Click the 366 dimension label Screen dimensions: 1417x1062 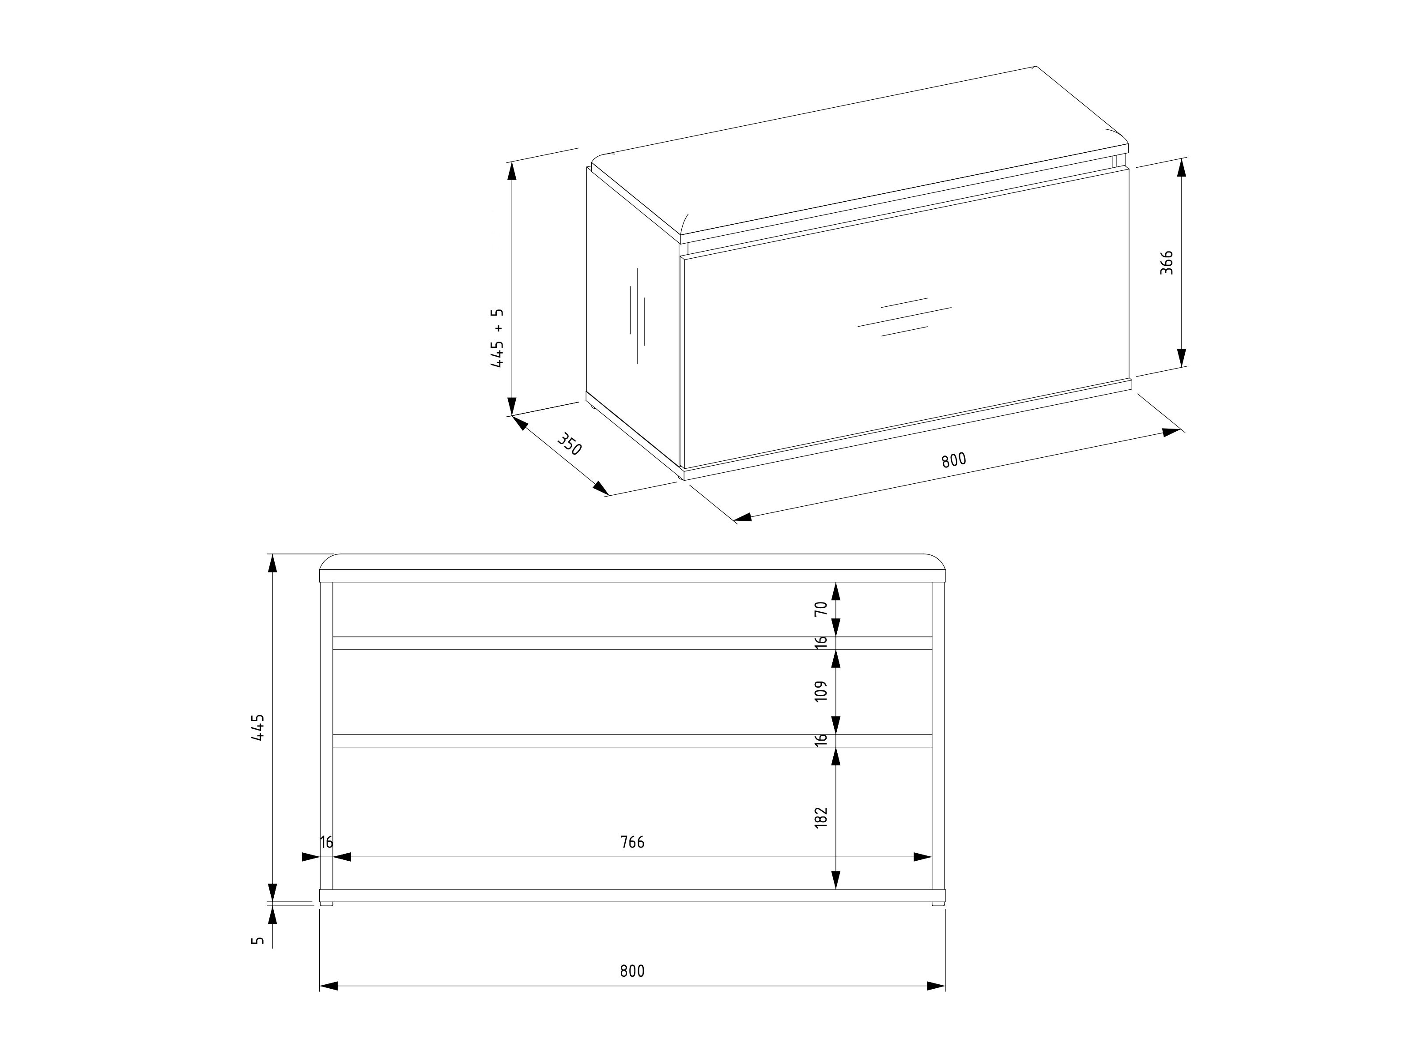[1167, 263]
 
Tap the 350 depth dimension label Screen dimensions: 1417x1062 [569, 444]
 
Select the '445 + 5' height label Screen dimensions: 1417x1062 [497, 338]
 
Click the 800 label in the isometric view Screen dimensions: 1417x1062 [953, 460]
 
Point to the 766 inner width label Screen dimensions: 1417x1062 [632, 842]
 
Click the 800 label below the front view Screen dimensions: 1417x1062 [632, 971]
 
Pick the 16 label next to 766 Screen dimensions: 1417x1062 [327, 842]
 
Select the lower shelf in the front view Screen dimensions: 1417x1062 [632, 741]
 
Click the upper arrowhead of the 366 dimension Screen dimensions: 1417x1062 [1182, 167]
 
